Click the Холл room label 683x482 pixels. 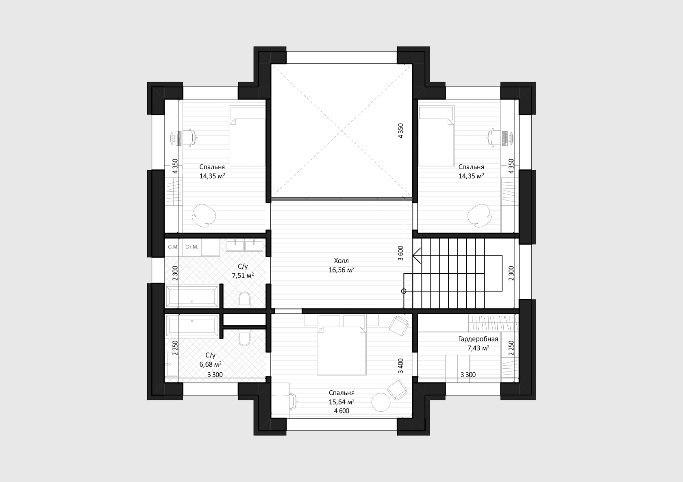341,261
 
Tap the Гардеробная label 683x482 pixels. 478,339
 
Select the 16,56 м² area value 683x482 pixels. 341,270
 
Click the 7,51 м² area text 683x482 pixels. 243,276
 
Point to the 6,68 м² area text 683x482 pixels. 211,364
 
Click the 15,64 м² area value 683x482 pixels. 341,402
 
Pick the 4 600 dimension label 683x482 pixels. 341,411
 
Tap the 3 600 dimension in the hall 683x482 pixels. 401,253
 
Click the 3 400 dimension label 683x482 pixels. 401,366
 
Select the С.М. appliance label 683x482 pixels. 173,247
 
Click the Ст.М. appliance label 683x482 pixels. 192,247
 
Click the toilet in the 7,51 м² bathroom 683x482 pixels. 245,299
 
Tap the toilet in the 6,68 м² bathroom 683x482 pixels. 245,339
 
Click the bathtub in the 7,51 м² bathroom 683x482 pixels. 192,296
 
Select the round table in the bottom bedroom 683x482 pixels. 381,402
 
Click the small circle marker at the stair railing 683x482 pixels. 404,291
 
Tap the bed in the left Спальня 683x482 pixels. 247,136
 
